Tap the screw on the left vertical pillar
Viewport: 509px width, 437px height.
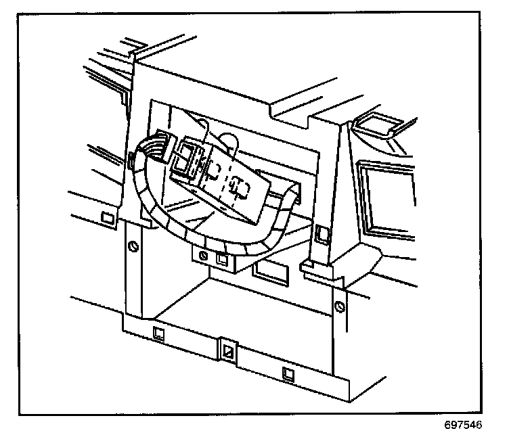point(133,245)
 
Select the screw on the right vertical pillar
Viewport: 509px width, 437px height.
point(340,306)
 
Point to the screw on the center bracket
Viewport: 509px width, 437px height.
point(203,256)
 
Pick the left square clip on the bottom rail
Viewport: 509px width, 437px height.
point(158,333)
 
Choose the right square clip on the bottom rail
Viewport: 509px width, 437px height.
point(288,371)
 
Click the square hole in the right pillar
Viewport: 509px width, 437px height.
point(322,234)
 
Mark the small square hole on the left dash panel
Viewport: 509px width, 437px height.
point(106,217)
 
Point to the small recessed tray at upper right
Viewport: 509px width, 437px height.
point(375,123)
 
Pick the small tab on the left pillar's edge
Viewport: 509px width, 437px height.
point(129,160)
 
